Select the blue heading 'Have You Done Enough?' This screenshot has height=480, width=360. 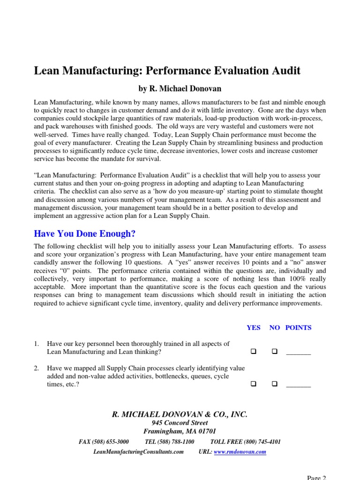[84, 233]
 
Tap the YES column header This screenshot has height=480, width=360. [254, 328]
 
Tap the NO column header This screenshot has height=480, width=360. [274, 328]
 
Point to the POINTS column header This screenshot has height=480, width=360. [298, 328]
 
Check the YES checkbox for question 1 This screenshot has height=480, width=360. [254, 352]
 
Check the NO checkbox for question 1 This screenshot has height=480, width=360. [275, 352]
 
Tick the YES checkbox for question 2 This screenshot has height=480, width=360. [254, 384]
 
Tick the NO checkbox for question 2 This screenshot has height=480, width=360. [275, 384]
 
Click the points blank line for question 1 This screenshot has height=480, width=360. [299, 353]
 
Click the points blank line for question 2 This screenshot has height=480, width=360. [299, 385]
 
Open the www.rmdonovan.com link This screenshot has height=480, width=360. [240, 452]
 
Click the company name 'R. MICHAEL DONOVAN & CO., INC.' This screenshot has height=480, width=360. [180, 414]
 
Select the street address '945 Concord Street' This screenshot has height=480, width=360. [180, 423]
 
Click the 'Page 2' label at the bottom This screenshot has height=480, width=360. [316, 477]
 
